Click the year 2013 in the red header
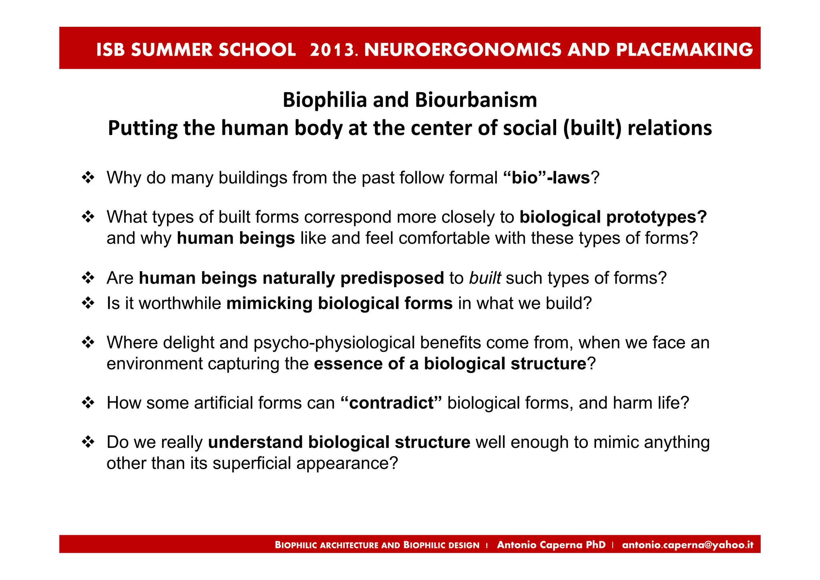coord(333,50)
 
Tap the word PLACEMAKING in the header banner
coord(684,50)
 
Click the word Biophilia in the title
coord(325,100)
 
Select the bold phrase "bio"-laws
coord(546,178)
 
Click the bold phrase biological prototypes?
coord(613,217)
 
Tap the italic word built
coord(485,278)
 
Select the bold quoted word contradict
coord(391,403)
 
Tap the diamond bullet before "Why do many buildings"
coord(88,177)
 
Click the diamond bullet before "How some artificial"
coord(88,403)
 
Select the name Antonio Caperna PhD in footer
coord(551,545)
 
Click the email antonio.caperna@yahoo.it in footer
coord(687,545)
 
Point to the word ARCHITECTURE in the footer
coord(349,545)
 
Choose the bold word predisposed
coord(392,278)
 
